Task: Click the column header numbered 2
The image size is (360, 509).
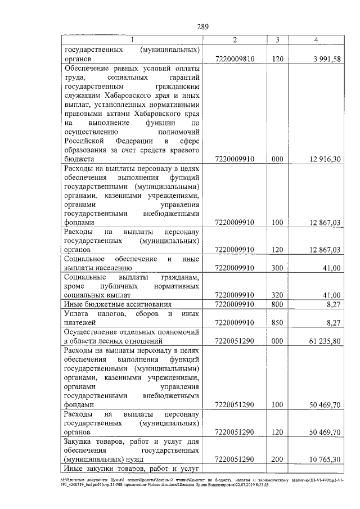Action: click(235, 39)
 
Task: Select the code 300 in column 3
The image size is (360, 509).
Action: click(276, 268)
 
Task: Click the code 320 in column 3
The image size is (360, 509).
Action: click(276, 295)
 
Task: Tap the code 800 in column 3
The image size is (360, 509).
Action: click(276, 304)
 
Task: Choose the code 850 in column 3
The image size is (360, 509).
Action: click(276, 322)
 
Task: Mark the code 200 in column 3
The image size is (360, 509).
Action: click(276, 460)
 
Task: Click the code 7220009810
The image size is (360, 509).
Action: click(235, 59)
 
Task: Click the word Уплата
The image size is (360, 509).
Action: click(76, 313)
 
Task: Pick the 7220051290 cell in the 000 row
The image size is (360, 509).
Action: click(235, 341)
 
